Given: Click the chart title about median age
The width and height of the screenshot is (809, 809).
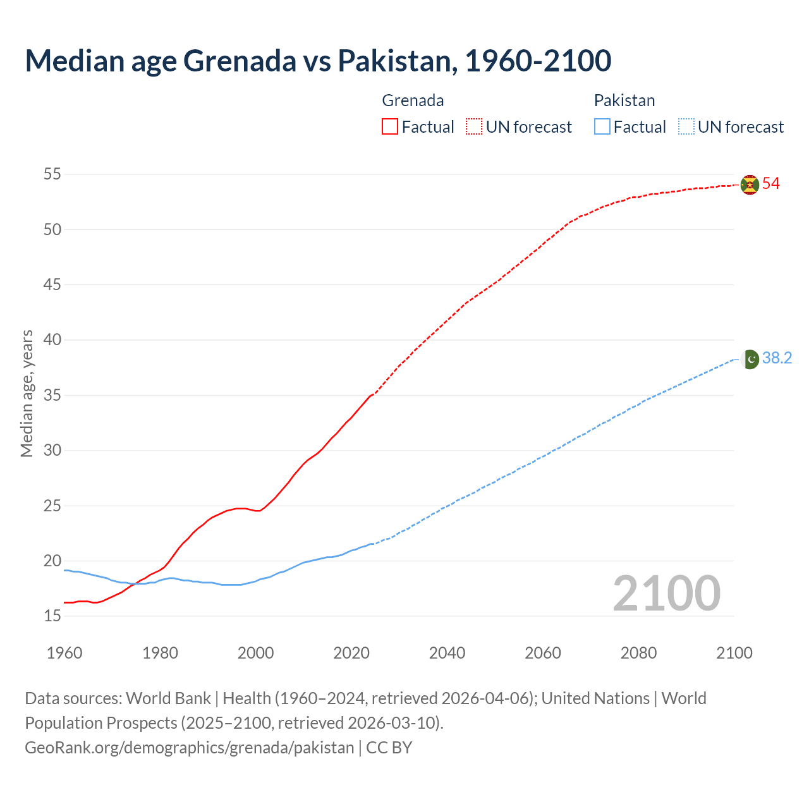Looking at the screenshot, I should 318,61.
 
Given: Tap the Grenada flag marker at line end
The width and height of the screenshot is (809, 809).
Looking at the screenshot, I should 750,185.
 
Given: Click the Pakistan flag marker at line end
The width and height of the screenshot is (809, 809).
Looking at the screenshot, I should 750,359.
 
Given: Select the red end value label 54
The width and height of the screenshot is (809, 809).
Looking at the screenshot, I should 771,184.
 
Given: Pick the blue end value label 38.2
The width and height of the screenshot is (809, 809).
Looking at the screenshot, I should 777,358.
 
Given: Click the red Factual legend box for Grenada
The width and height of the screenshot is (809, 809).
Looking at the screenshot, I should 390,127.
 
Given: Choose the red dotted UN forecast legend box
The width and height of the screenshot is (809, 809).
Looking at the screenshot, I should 474,127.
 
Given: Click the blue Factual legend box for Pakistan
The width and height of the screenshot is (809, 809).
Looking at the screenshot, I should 602,127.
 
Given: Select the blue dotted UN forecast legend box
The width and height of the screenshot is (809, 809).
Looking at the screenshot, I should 686,127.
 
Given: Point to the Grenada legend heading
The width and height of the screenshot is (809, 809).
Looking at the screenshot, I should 413,100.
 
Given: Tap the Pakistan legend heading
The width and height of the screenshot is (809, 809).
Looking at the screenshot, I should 624,100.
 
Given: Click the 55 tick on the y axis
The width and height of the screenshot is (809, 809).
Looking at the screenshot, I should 52,174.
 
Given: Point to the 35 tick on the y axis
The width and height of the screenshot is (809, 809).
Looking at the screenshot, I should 52,395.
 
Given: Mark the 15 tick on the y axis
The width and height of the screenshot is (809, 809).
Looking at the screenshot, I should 52,616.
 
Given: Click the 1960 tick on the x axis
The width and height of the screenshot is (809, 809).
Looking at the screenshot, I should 64,652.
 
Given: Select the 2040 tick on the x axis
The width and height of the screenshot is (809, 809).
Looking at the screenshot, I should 447,652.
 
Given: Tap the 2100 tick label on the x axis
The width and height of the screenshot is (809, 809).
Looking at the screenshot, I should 734,652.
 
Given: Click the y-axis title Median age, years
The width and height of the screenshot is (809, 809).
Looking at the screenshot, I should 27,393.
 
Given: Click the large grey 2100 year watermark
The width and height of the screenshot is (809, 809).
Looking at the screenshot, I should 666,593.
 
